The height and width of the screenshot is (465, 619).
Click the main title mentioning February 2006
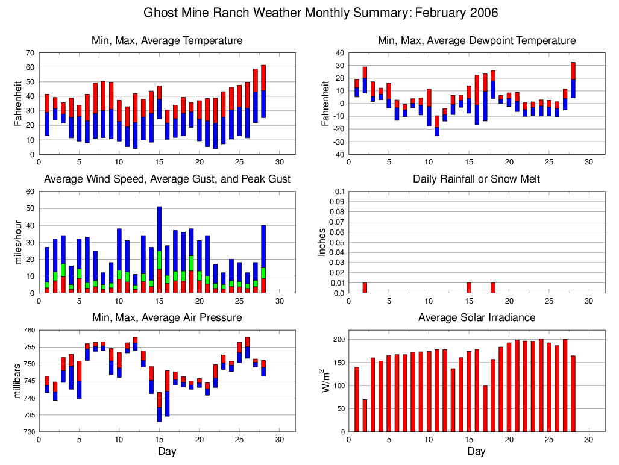coord(321,13)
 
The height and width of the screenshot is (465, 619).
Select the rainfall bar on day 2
coord(365,288)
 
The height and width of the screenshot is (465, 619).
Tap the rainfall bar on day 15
coord(469,288)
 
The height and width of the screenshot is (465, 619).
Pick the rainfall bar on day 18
coord(493,288)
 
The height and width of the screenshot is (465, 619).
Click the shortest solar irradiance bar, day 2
coord(365,416)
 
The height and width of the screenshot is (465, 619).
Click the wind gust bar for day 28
coord(263,259)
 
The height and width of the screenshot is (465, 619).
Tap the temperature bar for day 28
coord(263,91)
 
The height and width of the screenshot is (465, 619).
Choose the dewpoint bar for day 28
coord(573,80)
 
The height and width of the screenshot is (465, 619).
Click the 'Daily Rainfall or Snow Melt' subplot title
coord(476,179)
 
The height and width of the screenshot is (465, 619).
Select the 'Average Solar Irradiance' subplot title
coord(476,317)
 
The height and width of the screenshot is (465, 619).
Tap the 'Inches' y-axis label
coord(322,242)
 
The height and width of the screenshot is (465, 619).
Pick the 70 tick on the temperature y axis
coord(30,53)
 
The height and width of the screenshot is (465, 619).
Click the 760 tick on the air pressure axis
coord(28,330)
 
